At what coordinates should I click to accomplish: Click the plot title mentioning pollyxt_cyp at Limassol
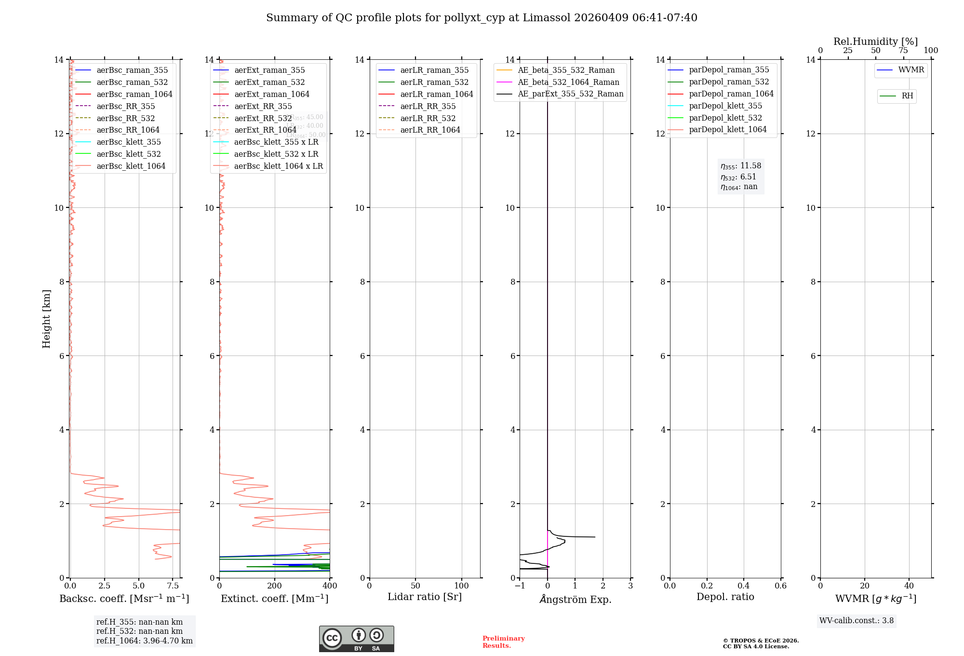click(x=482, y=18)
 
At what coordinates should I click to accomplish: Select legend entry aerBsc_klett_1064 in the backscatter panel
click(x=131, y=166)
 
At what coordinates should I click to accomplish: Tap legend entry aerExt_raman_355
click(x=269, y=70)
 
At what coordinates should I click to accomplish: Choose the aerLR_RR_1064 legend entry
click(x=430, y=130)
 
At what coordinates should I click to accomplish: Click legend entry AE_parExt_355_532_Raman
click(x=570, y=94)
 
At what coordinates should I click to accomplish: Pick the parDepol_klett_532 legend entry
click(x=725, y=118)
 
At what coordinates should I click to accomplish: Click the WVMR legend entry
click(x=911, y=70)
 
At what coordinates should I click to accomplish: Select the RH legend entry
click(x=907, y=96)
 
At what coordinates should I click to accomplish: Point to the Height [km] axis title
click(x=46, y=318)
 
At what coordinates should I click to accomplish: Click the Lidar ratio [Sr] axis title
click(x=425, y=597)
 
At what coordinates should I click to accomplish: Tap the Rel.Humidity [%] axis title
click(x=875, y=41)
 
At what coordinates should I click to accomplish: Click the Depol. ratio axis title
click(x=725, y=597)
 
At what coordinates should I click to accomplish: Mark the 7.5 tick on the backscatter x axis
click(x=173, y=586)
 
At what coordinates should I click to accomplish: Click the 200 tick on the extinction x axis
click(x=275, y=586)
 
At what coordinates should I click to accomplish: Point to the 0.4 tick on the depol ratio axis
click(x=744, y=586)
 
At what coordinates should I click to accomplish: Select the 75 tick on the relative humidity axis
click(x=903, y=51)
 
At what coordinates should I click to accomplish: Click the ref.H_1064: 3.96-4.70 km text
click(x=144, y=641)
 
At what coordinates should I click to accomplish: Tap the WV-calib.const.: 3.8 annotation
click(x=856, y=621)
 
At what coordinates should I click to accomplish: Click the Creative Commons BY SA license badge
click(x=356, y=639)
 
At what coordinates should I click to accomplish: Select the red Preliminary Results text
click(x=503, y=642)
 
